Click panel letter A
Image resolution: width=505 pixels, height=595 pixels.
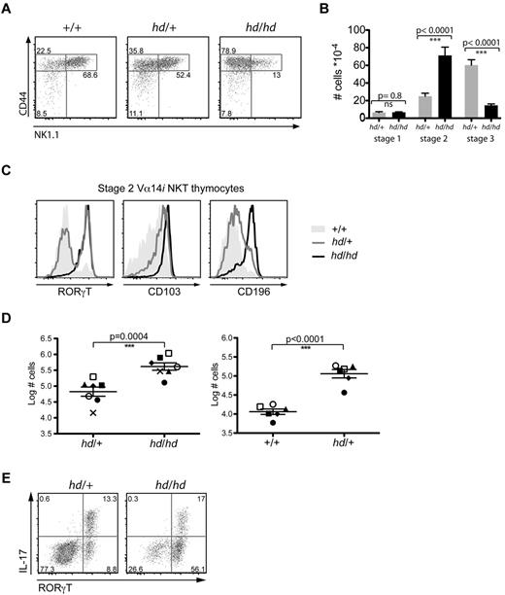click(8, 10)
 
